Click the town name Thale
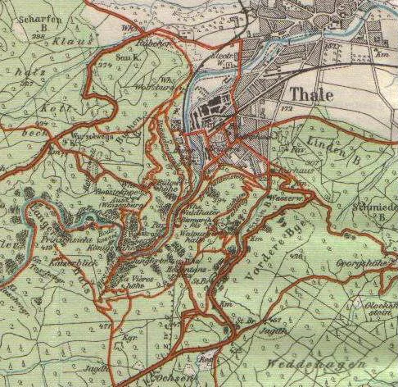310,93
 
